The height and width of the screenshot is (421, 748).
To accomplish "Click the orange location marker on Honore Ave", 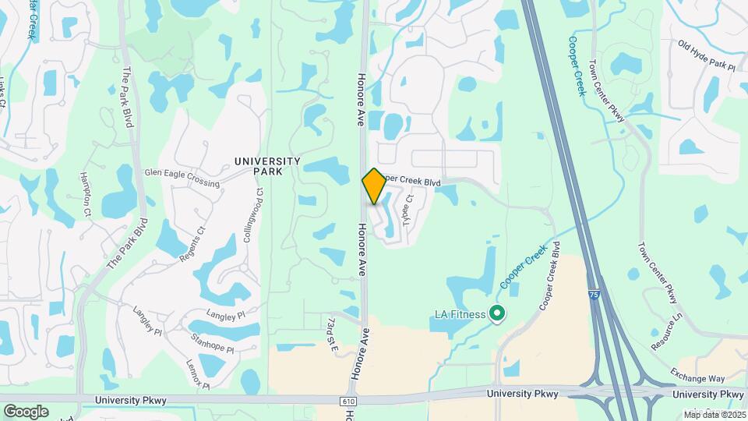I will coord(374,186).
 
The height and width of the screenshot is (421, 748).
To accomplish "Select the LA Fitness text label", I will coord(460,315).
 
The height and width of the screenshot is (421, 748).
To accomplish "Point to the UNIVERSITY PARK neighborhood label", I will coord(267,166).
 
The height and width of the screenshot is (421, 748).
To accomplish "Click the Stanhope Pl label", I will coord(212,343).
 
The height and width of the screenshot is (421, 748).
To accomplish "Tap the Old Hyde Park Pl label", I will coord(706,56).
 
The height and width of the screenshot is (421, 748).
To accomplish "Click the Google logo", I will coord(26,411).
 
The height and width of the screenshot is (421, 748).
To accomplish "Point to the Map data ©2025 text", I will coord(714,414).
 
